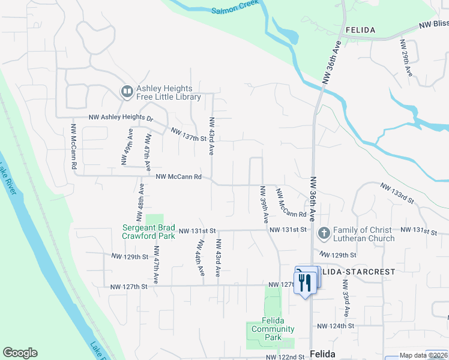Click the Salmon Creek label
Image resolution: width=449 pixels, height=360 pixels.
235,7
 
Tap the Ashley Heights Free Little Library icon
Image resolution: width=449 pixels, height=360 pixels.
127,91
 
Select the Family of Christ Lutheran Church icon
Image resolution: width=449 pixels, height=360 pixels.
324,232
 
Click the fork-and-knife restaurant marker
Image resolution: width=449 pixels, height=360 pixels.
306,281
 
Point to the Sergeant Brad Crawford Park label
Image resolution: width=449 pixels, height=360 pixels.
149,232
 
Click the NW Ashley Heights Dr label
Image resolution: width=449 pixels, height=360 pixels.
121,118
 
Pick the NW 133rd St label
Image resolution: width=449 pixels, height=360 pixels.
397,192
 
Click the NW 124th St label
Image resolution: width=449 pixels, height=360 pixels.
336,326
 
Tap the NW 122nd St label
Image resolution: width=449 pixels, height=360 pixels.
286,357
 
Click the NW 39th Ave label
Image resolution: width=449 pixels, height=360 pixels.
264,204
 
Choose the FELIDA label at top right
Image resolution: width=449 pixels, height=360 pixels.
360,30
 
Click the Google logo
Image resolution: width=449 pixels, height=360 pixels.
20,353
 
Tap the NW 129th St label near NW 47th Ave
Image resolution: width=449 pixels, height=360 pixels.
129,256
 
